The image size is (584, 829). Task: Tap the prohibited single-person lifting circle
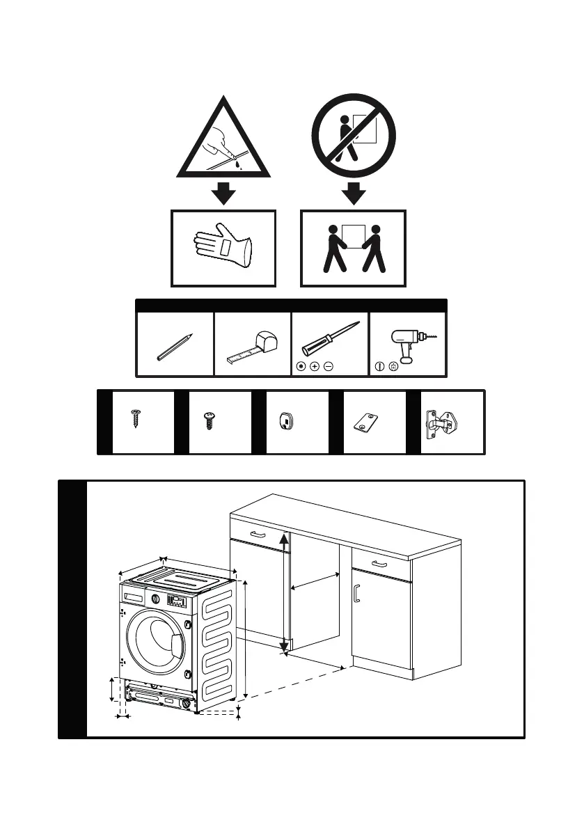354,135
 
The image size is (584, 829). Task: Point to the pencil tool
175,346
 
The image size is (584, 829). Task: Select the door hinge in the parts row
443,423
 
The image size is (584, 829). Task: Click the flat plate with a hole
366,423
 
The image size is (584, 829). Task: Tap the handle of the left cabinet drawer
258,534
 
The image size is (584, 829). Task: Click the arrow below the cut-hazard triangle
223,191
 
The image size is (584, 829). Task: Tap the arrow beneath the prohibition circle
354,191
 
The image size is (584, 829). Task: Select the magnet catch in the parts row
286,422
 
